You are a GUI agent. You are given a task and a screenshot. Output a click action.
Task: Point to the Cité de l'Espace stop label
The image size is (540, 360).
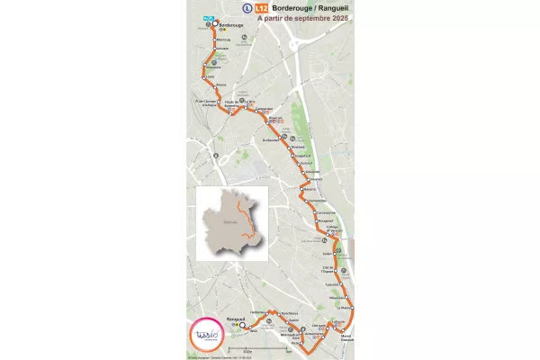point(328,269)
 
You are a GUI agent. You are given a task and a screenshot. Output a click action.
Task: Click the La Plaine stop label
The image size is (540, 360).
point(346,307)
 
